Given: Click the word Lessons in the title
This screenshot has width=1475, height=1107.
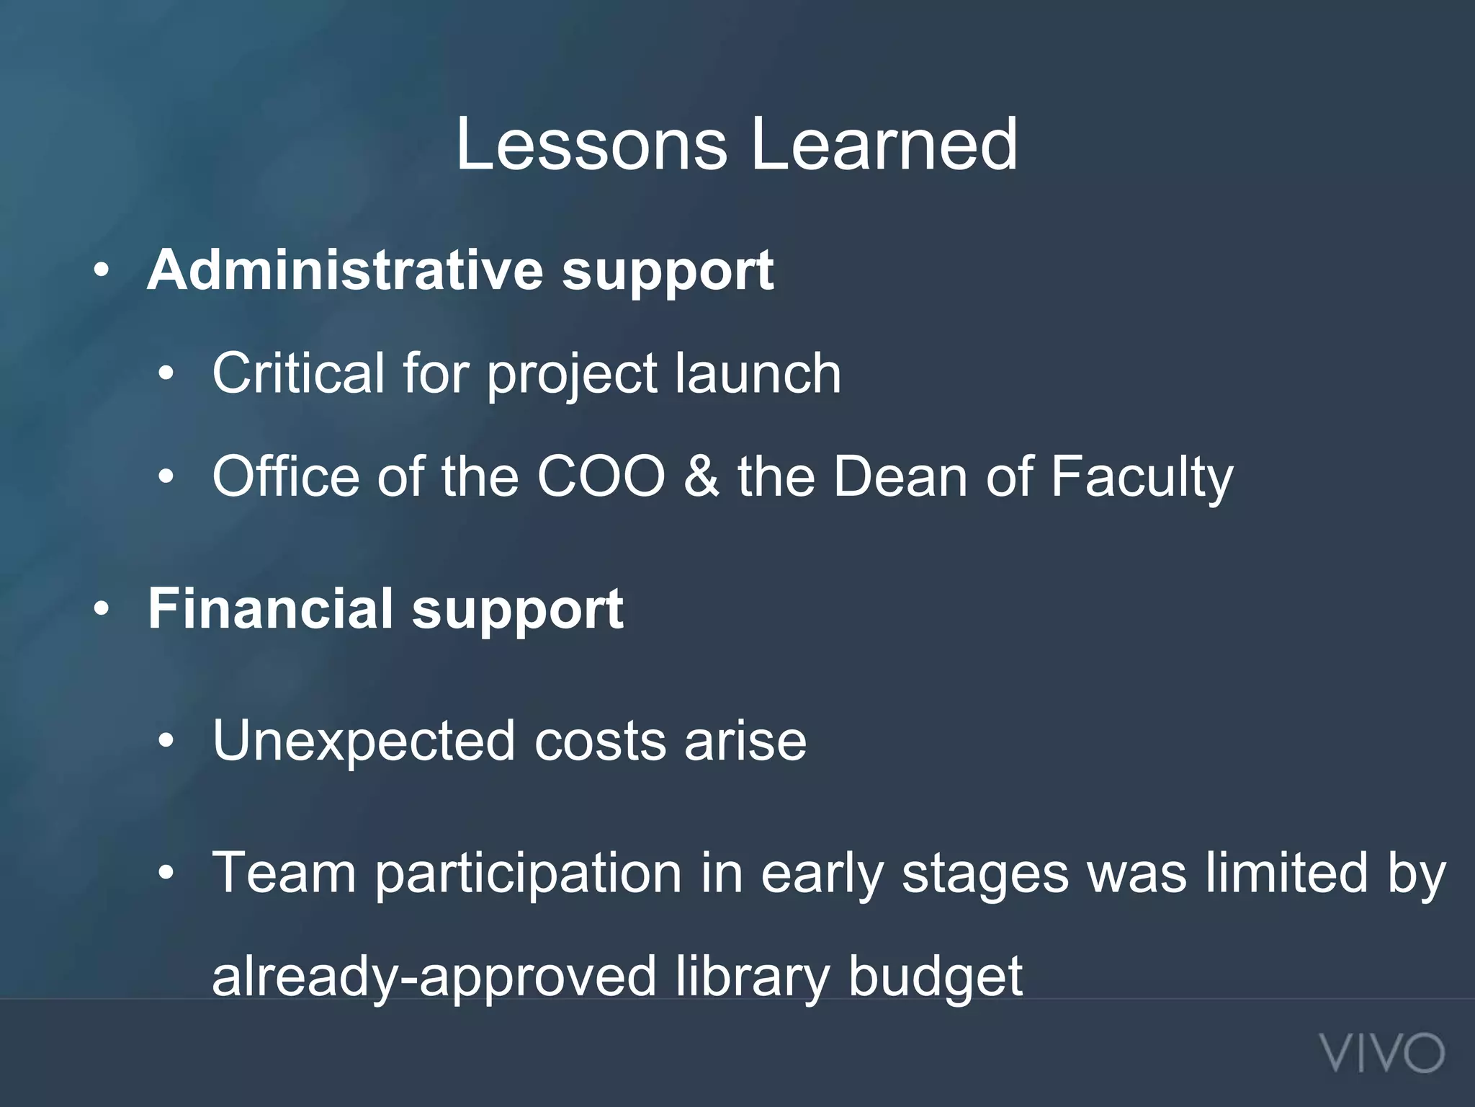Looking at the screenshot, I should (x=591, y=145).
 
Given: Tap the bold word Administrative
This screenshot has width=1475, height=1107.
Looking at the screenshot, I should (x=345, y=270).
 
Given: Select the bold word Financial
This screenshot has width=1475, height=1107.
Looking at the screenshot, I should (x=270, y=609).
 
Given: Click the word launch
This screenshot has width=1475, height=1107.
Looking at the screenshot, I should (x=758, y=373).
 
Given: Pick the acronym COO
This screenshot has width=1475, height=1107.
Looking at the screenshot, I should (x=601, y=476).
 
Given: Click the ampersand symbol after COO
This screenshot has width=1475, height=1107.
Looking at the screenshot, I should (x=701, y=476).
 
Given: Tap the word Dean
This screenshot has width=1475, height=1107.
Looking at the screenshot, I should (x=900, y=476).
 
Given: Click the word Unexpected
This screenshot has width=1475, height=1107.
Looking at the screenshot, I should (x=364, y=742).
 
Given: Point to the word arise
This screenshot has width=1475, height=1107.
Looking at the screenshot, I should (x=745, y=742).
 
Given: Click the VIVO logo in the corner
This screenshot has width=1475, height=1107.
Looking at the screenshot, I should (x=1382, y=1054).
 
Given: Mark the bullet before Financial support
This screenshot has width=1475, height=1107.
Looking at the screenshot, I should (x=102, y=610).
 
